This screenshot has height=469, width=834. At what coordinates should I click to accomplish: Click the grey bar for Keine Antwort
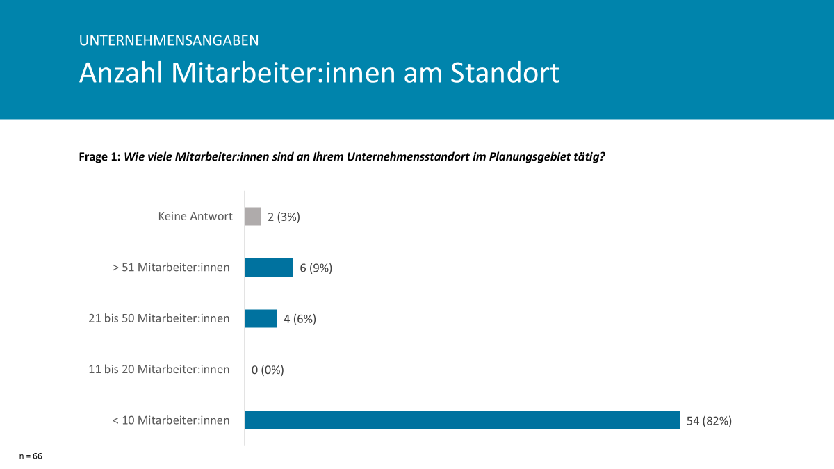(252, 217)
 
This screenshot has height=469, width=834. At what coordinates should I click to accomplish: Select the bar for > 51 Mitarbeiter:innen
(268, 268)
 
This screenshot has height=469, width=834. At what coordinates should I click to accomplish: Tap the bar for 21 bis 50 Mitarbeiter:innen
(261, 318)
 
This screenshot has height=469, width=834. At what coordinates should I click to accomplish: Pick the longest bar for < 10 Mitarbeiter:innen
(461, 420)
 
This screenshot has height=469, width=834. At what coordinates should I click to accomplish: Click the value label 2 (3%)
(284, 217)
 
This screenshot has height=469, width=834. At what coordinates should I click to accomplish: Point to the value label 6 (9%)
(316, 268)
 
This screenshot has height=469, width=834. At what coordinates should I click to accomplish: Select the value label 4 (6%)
(300, 319)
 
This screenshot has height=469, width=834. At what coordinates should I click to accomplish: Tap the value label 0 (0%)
(268, 370)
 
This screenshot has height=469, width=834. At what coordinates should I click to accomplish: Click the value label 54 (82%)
(709, 420)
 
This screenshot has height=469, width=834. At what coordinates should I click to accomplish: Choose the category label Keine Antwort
(195, 216)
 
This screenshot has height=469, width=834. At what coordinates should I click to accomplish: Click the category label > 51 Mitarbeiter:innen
(171, 267)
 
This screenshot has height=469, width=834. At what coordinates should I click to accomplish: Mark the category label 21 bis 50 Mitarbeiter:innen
(159, 318)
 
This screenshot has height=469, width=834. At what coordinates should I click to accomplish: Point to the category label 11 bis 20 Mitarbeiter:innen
(159, 369)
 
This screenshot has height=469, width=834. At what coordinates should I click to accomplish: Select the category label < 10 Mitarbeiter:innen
(171, 420)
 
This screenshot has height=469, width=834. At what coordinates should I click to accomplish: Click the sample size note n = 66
(31, 456)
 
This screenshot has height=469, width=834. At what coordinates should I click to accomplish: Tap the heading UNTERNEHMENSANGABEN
(169, 40)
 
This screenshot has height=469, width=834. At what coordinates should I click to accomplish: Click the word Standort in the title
(505, 73)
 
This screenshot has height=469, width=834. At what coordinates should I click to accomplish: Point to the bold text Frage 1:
(99, 157)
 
